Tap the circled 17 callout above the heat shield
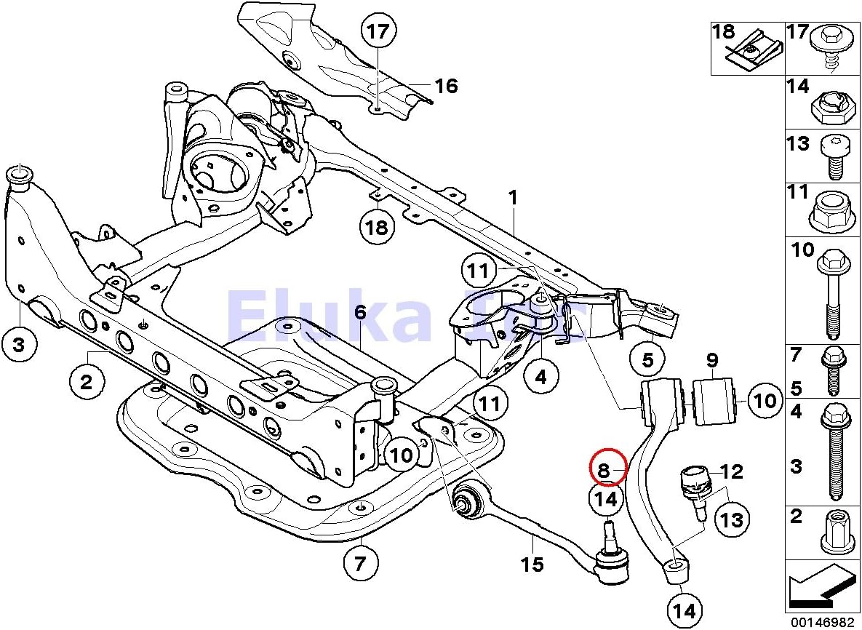(x=378, y=32)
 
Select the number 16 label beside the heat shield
(x=446, y=87)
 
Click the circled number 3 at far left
(x=19, y=345)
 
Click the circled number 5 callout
(x=647, y=359)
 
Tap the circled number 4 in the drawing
(x=540, y=377)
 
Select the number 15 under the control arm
(x=532, y=564)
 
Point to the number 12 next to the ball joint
(x=732, y=472)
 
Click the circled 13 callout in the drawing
(x=733, y=519)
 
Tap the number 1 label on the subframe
(x=513, y=198)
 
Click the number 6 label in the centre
(x=360, y=313)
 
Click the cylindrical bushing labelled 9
(x=715, y=400)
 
